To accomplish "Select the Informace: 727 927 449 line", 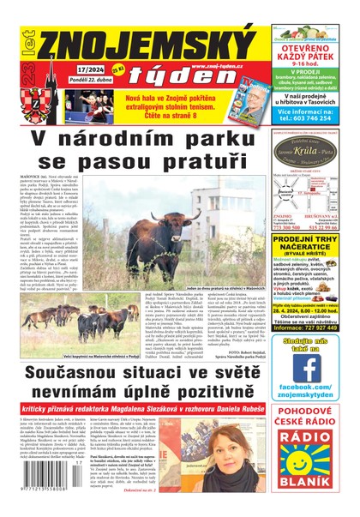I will (312, 351).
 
